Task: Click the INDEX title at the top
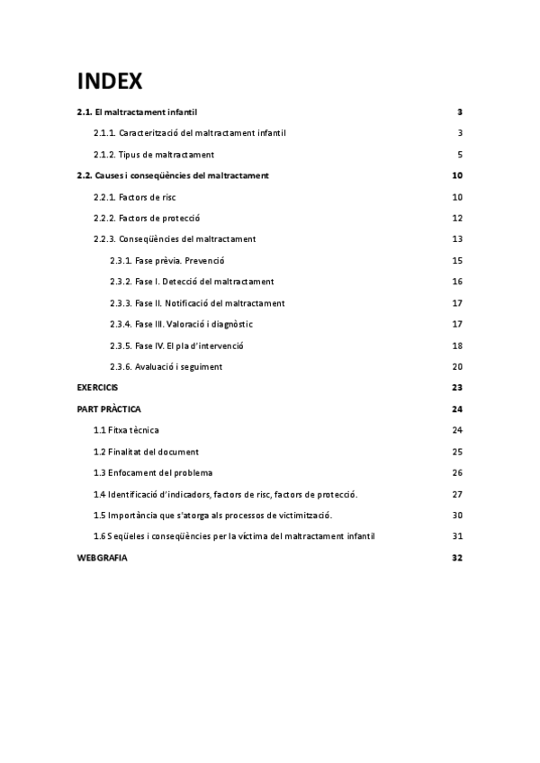pos(110,81)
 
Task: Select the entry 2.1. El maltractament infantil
pos(137,112)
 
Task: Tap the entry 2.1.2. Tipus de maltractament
pos(154,155)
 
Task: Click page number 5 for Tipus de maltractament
pos(459,155)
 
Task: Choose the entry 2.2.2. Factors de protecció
pos(147,219)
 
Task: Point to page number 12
pos(457,219)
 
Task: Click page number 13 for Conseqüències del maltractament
pos(457,239)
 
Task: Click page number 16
pos(457,282)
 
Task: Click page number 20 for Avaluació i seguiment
pos(457,366)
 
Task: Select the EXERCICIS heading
pos(97,388)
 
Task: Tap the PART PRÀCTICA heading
pos(109,409)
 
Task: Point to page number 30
pos(457,516)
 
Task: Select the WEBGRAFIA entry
pos(102,558)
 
